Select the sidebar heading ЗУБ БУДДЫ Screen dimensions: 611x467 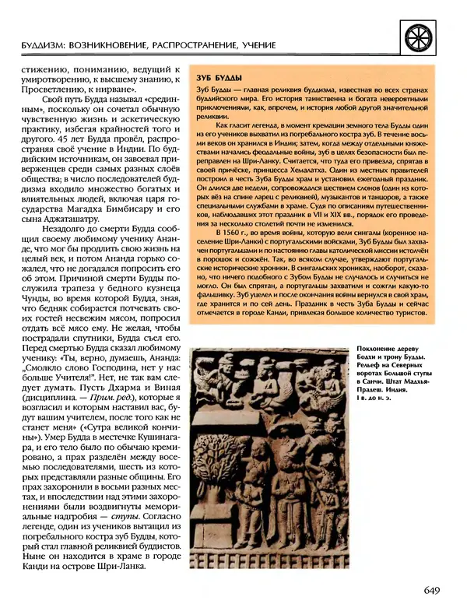[x=212, y=78]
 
